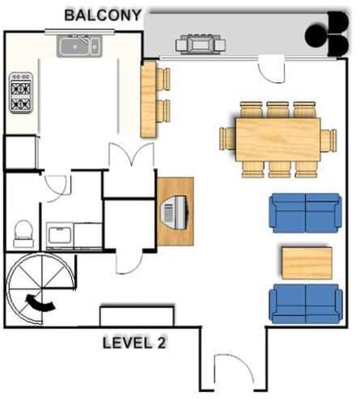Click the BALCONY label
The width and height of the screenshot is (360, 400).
click(103, 15)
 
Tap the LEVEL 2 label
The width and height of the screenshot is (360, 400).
click(134, 343)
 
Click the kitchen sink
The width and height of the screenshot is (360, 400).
click(79, 46)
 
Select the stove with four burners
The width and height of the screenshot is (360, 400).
click(21, 92)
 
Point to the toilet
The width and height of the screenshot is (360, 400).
click(23, 234)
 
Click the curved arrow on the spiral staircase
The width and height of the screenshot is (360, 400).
click(40, 304)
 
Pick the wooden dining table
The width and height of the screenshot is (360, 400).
click(278, 140)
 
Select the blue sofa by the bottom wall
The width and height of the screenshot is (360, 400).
click(306, 304)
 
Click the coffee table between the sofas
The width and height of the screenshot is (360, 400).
click(307, 263)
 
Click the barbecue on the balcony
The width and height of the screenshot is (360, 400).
click(201, 44)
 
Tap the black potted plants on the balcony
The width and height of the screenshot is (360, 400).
click(327, 34)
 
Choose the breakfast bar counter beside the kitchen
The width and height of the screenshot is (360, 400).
click(149, 99)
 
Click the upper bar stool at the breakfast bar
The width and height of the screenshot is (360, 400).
click(163, 79)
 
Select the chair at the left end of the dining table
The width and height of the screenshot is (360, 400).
click(227, 139)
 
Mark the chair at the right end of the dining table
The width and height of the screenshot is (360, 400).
click(328, 141)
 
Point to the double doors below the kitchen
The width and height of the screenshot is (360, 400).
click(131, 154)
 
